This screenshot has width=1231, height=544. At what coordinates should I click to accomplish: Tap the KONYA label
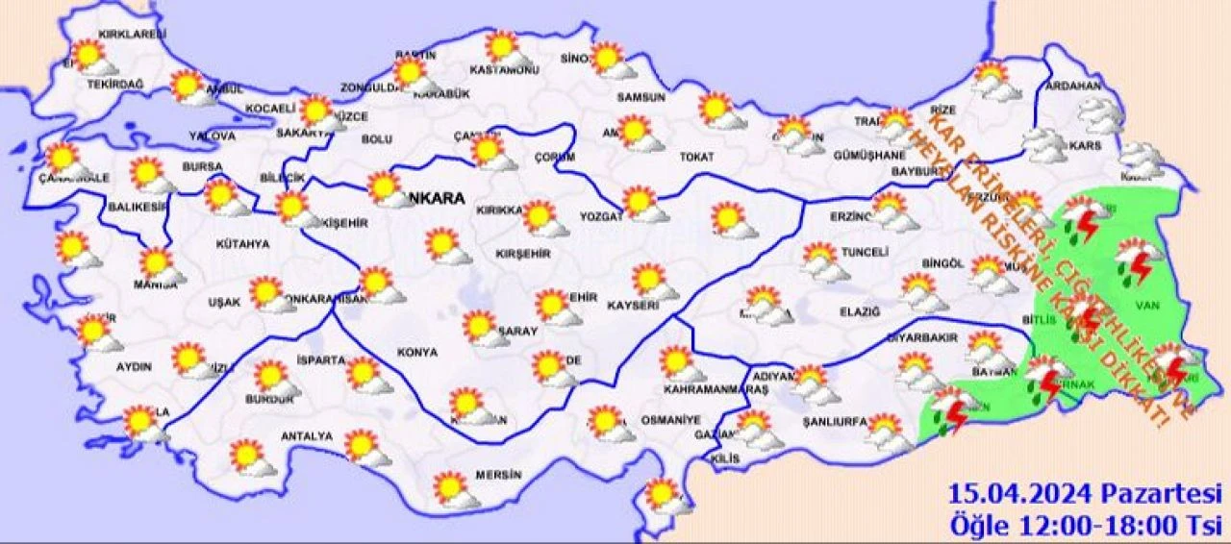point(416,352)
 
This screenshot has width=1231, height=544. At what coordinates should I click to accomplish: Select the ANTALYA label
point(306,436)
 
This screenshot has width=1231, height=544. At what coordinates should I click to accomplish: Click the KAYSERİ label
point(633,306)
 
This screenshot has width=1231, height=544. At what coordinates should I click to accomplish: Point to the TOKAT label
point(698,156)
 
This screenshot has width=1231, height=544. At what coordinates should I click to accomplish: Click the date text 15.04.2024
point(1019,495)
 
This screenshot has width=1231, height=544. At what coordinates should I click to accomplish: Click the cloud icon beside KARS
point(1043,145)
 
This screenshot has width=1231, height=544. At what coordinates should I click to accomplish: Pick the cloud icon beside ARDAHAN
point(1100,114)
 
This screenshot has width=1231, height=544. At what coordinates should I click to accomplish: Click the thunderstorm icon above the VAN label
point(1137,262)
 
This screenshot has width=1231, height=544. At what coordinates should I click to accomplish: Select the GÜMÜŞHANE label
point(869,155)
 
